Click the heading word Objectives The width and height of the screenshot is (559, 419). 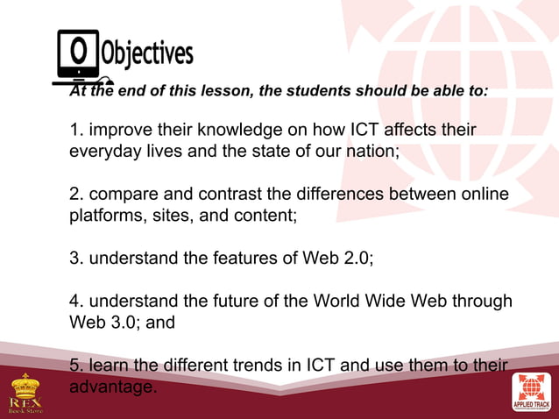point(146,54)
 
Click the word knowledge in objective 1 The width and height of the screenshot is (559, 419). point(239,131)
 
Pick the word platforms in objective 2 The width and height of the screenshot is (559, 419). point(107,212)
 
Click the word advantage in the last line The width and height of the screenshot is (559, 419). point(113,386)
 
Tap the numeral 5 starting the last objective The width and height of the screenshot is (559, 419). point(74,365)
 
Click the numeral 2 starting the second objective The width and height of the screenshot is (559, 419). point(74,192)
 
